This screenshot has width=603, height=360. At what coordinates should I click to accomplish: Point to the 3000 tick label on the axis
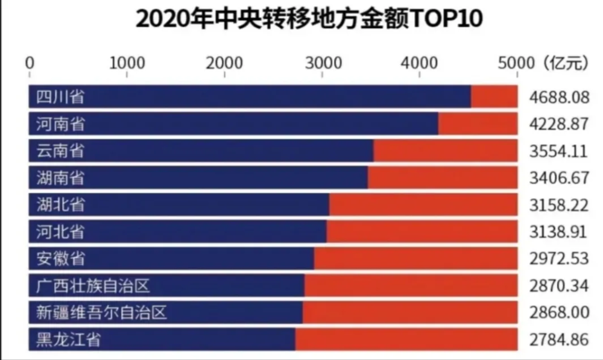pos(322,63)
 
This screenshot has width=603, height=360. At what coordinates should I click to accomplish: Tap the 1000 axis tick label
pos(127,63)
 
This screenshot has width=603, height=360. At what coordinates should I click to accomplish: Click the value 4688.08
pos(558,97)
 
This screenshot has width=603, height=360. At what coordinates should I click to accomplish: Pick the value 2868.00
pos(558,313)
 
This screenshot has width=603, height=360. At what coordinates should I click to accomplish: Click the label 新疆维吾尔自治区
pos(99,313)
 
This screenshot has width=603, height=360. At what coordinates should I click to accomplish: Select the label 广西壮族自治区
pos(92,285)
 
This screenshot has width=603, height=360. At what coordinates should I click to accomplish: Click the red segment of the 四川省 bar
pos(493,96)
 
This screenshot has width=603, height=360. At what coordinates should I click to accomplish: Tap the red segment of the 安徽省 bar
pos(415,259)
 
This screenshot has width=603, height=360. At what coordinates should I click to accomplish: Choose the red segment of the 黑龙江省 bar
pos(406,339)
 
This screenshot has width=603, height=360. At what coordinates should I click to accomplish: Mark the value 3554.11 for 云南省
pos(558,151)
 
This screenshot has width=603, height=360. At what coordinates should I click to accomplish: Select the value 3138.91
pos(558,232)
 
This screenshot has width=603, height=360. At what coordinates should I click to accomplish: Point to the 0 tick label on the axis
pos(30,63)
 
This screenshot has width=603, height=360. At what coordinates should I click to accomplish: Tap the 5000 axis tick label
pos(517,63)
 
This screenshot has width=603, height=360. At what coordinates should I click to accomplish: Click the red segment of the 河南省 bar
pos(477,124)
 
